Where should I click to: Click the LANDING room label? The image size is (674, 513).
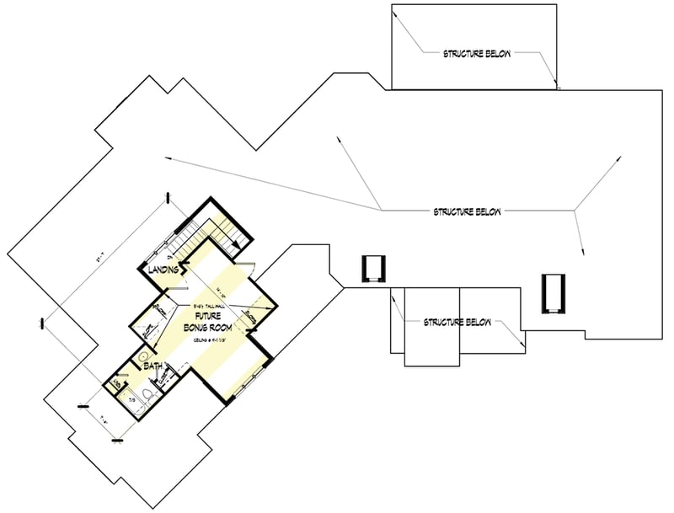click(x=162, y=270)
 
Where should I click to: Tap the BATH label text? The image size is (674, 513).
click(x=152, y=366)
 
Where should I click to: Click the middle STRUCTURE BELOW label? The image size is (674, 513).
click(x=467, y=211)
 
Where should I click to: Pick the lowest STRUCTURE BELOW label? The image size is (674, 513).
click(x=457, y=322)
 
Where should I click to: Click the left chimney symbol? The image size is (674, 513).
click(x=372, y=269)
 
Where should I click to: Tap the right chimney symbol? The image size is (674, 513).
click(x=552, y=292)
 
